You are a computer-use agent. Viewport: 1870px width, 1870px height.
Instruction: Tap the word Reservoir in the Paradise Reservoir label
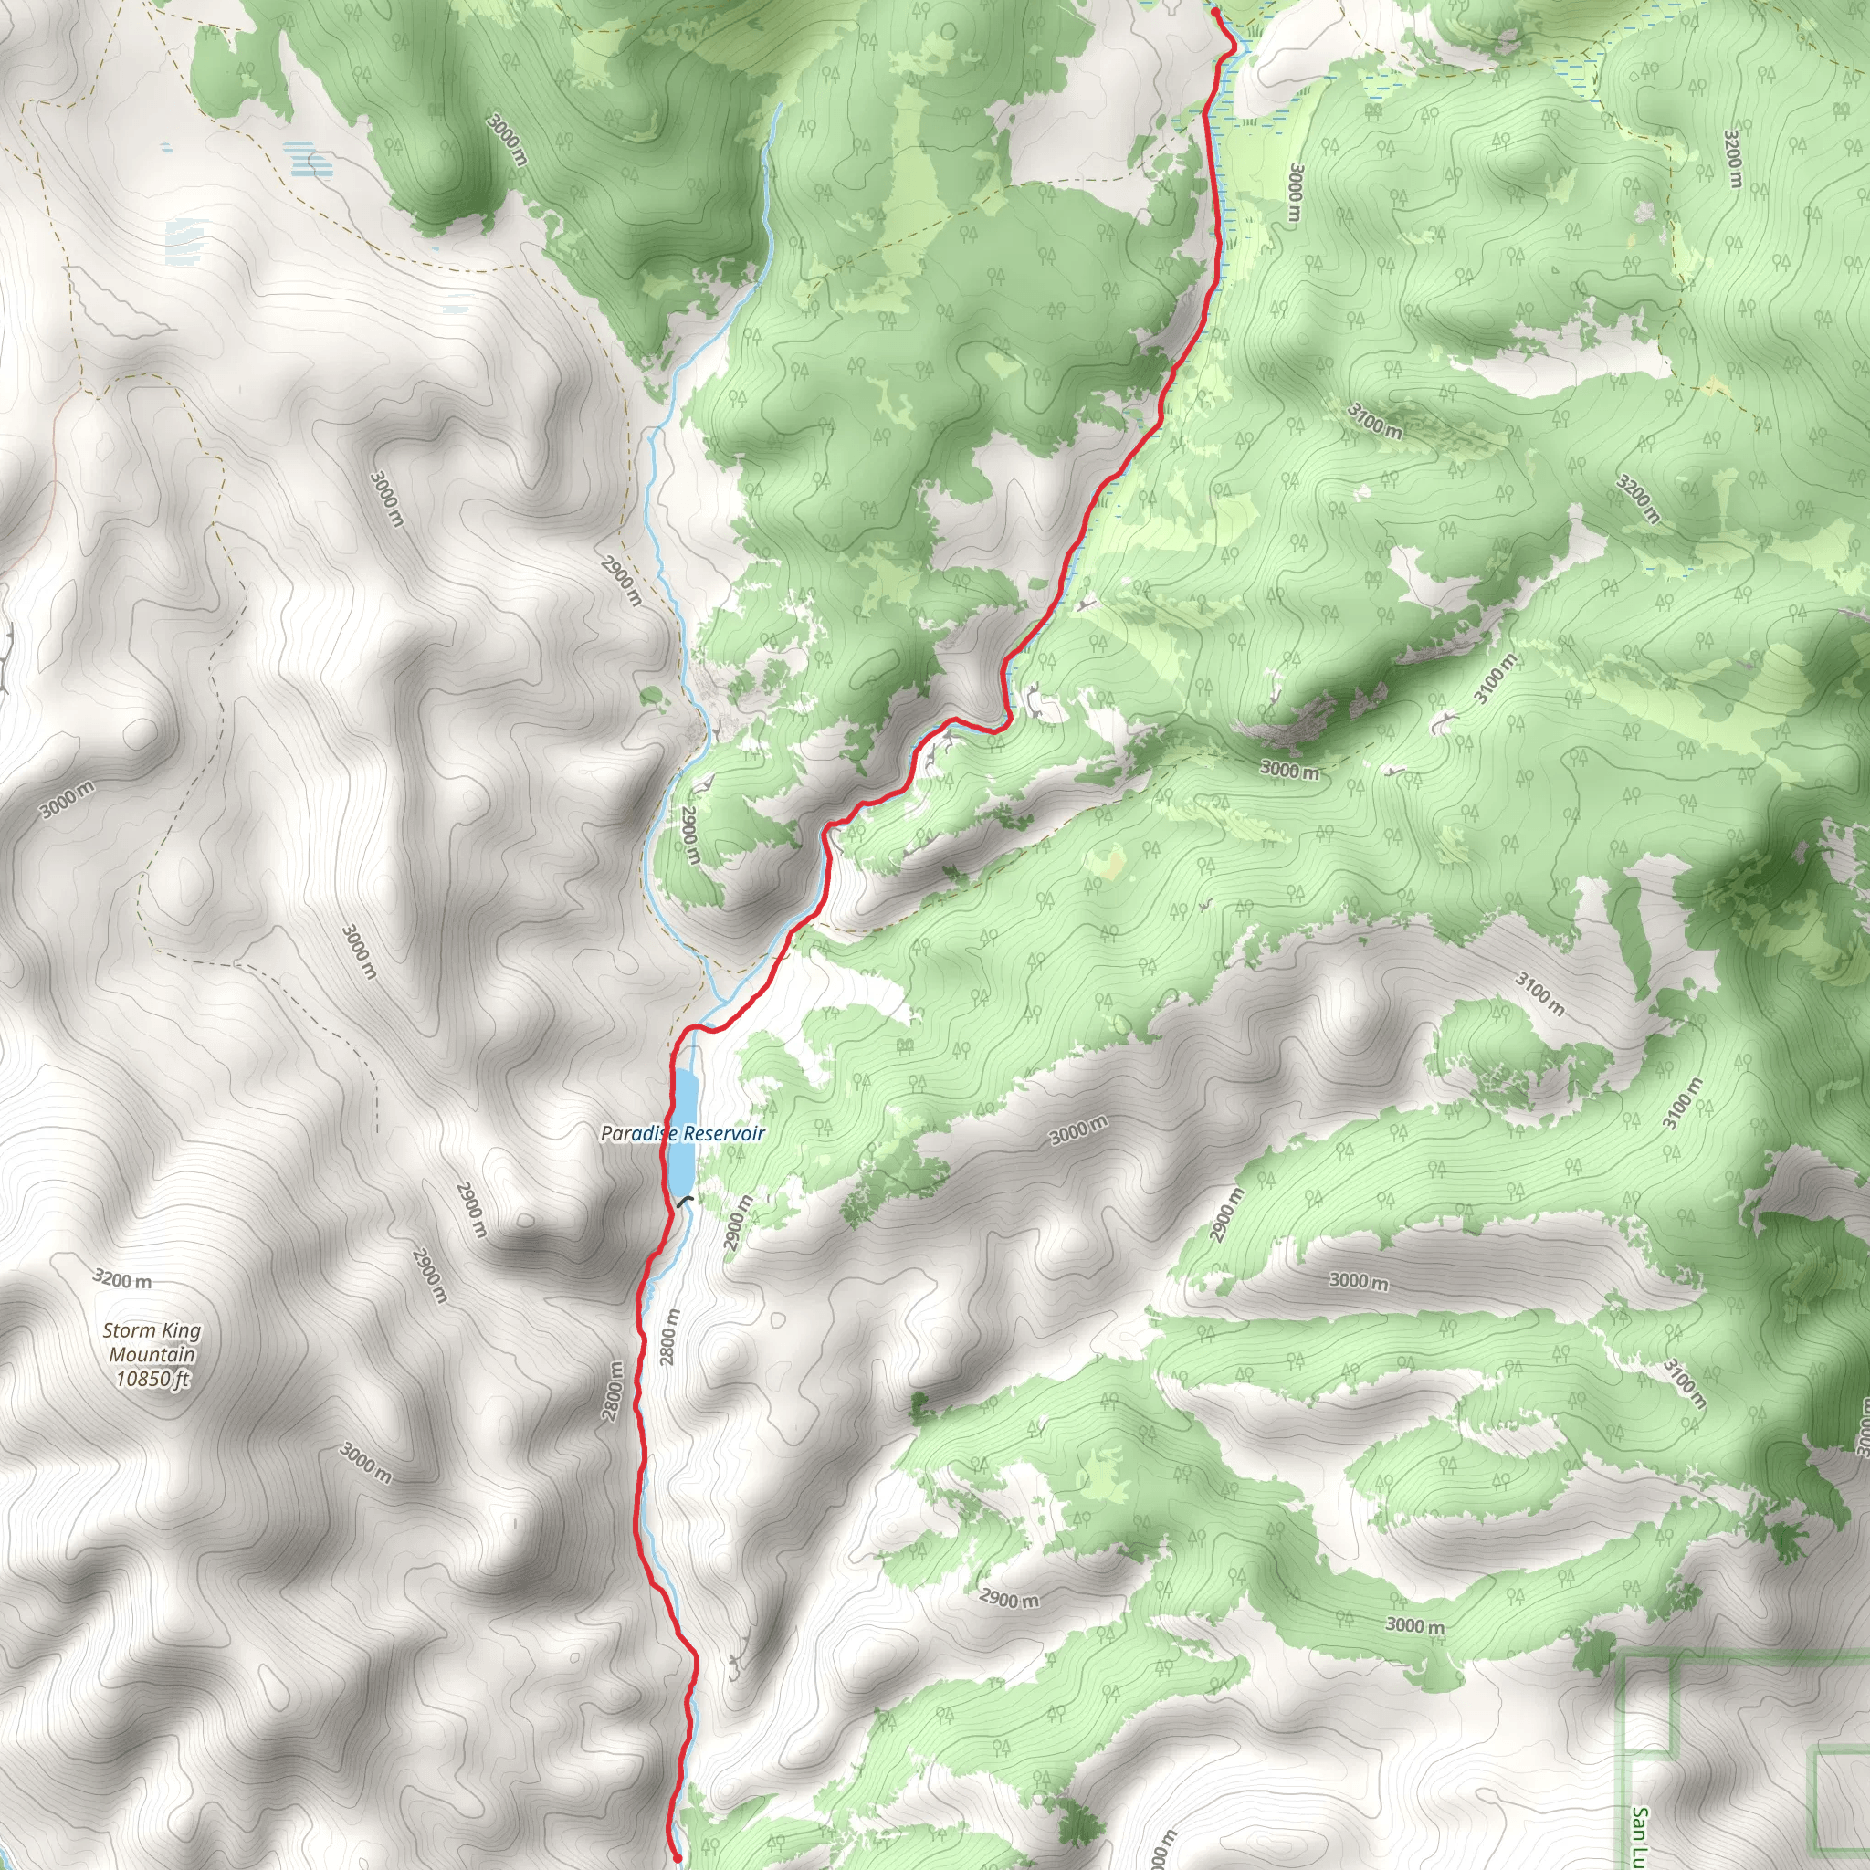click(x=724, y=1133)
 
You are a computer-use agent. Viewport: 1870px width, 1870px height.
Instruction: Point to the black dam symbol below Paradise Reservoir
click(x=687, y=1202)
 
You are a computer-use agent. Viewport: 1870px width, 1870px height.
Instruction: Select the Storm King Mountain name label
click(x=152, y=1342)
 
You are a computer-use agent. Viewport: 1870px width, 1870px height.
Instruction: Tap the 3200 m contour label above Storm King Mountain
click(x=122, y=1279)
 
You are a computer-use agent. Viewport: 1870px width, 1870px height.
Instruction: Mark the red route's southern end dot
click(x=678, y=1857)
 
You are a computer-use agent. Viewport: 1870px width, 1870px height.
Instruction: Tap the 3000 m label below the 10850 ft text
click(x=366, y=1464)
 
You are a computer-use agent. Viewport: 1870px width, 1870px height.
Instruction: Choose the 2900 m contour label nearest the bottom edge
click(x=1009, y=1599)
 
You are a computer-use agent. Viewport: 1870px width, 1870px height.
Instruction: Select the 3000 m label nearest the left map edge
click(x=68, y=800)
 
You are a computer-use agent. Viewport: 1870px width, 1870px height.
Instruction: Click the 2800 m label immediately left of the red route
click(x=613, y=1391)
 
